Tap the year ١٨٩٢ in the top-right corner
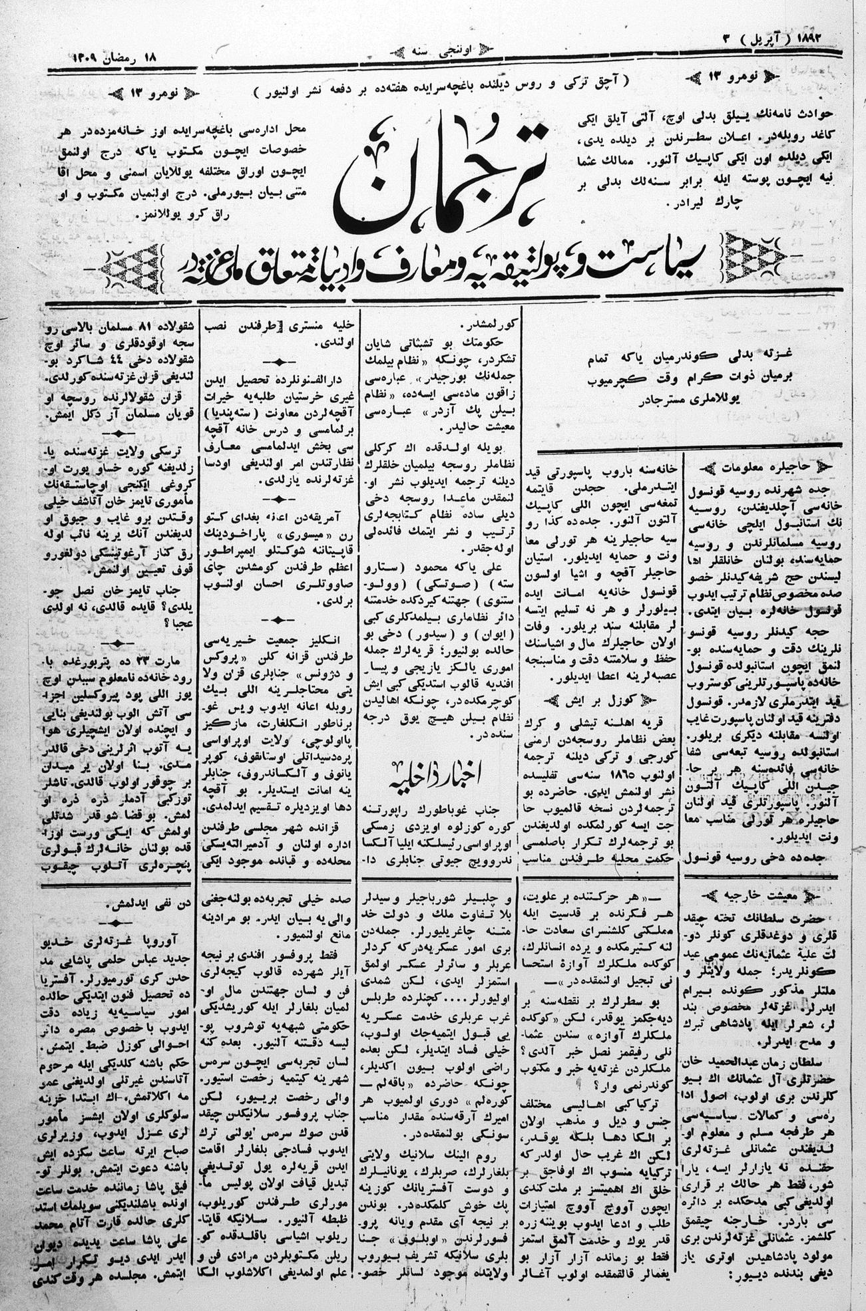[x=819, y=39]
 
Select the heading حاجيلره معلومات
[x=759, y=466]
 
